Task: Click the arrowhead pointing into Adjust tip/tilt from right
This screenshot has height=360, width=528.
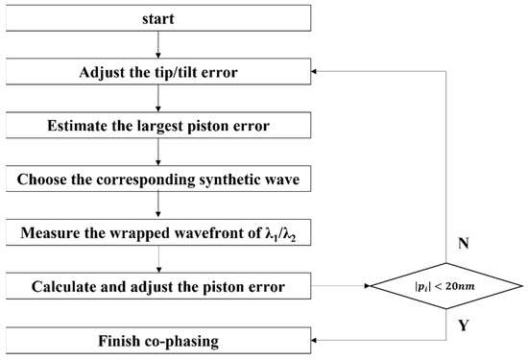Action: tap(319, 71)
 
